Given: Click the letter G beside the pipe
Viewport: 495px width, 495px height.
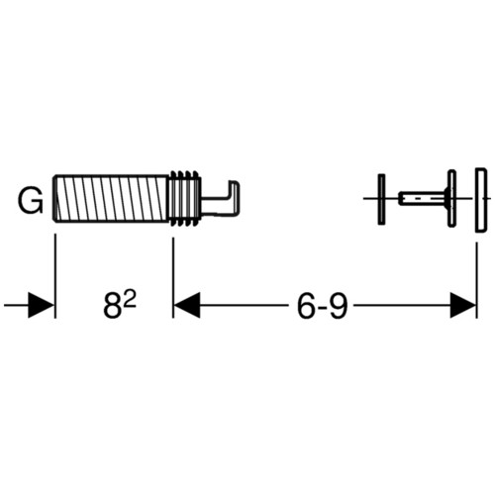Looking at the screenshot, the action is (x=31, y=201).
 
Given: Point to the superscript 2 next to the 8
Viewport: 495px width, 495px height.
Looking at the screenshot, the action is (x=131, y=300).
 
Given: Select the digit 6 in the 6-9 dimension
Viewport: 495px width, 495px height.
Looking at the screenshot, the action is (x=307, y=306).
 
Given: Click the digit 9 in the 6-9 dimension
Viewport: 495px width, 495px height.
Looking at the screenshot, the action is (x=338, y=306).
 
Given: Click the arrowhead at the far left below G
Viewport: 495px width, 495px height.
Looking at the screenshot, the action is (x=41, y=305).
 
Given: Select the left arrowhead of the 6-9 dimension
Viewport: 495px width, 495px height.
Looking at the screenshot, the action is (x=187, y=305).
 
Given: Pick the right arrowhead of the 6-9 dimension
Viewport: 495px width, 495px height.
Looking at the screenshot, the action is (x=463, y=305).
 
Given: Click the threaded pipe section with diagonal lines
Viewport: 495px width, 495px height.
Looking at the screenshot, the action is (x=112, y=199).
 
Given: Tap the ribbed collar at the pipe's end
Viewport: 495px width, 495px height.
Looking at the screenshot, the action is (x=185, y=199).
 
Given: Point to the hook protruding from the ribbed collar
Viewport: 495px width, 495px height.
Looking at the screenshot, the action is (x=221, y=199).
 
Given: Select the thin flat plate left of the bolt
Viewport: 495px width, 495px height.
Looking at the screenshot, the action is (x=381, y=199).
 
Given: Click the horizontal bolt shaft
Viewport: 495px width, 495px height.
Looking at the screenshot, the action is (x=423, y=198).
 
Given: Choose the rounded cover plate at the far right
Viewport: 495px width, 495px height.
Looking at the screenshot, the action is (x=481, y=199).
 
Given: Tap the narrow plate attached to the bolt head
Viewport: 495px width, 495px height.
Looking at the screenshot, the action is (x=451, y=198).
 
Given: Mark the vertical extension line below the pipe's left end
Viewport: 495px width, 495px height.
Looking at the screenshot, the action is (x=55, y=276).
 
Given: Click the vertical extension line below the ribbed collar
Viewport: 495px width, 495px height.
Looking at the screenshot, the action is (x=173, y=277).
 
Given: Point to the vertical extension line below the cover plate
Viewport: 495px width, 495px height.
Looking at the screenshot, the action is (x=476, y=280).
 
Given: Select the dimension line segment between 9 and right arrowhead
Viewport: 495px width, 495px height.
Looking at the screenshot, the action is (x=402, y=305).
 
